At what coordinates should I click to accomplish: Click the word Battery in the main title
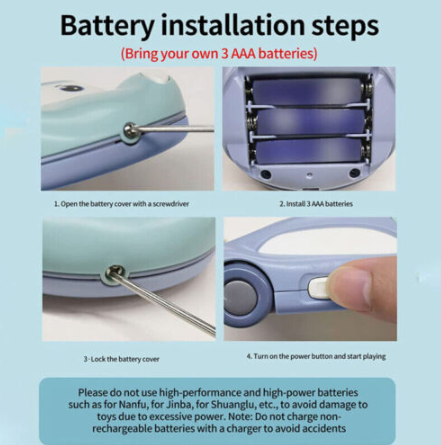tap(107, 25)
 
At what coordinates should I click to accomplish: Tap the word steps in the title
tap(345, 26)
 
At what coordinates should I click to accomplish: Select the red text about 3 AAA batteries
tap(219, 54)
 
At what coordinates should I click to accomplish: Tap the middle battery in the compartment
tap(308, 122)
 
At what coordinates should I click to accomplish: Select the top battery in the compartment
tap(307, 91)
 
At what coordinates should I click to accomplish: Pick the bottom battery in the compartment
tap(309, 151)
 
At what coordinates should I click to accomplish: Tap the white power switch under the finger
tap(318, 288)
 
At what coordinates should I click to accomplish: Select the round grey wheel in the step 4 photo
tap(241, 296)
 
